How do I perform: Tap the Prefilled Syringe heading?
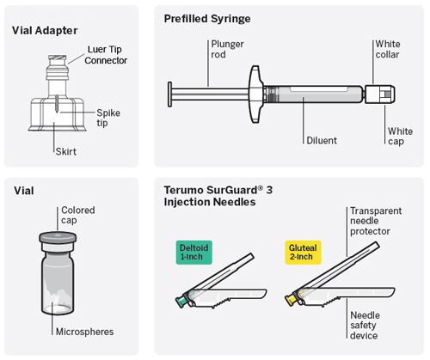point(209,18)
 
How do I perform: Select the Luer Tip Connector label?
point(107,55)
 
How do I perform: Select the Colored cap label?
point(77,215)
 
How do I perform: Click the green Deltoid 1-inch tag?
point(195,252)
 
